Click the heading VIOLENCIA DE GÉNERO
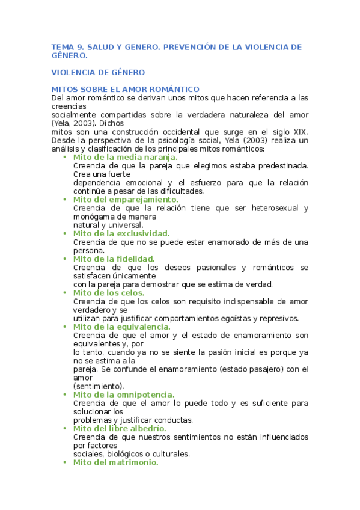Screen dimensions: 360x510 click(98, 73)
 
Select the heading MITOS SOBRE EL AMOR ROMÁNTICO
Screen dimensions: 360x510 click(121, 89)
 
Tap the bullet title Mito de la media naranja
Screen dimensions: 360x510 click(125, 157)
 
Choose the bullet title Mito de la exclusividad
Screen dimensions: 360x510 click(121, 233)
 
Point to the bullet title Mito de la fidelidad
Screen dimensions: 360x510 click(114, 259)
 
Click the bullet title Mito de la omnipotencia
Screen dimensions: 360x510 click(124, 395)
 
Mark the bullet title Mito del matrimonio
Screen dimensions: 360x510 click(115, 462)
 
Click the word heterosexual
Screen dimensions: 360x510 click(267, 208)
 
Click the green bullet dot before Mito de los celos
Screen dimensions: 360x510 click(65, 293)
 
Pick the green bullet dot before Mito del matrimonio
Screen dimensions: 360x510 click(65, 463)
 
